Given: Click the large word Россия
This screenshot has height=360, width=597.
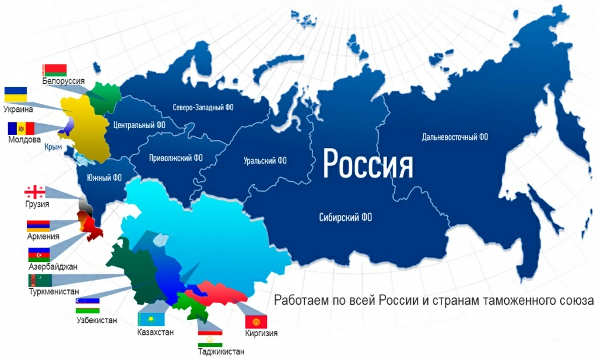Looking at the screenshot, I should click(x=368, y=164).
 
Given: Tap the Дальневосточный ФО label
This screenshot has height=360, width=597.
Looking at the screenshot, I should click(x=455, y=137).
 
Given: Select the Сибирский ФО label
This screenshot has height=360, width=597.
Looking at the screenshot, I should click(x=346, y=217).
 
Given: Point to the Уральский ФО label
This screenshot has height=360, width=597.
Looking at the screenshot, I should click(x=265, y=160).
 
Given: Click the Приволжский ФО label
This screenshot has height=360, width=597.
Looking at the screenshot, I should click(x=176, y=157).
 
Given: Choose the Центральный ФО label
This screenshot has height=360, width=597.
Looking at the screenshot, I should click(x=139, y=125).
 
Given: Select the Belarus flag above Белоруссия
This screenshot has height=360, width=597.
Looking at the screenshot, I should click(x=55, y=70).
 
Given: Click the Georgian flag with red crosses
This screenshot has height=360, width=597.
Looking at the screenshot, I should click(x=34, y=192).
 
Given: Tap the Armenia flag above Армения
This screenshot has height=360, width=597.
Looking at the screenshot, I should click(x=38, y=225).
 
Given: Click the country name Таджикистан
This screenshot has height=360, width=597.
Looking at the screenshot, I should click(x=221, y=351).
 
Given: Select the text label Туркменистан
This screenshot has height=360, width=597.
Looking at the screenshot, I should click(x=54, y=291).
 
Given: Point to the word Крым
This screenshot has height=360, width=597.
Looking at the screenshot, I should click(x=53, y=147).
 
